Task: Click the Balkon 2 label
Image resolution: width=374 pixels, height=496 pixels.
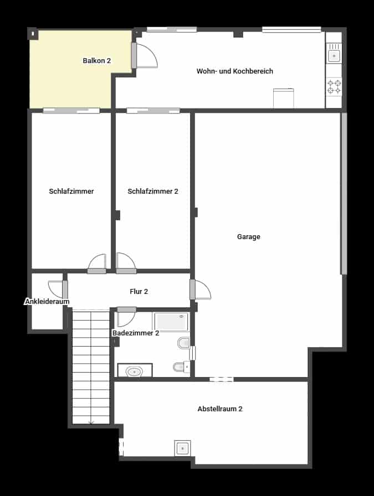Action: tap(97, 61)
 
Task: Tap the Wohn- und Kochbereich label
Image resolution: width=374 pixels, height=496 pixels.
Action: tap(234, 71)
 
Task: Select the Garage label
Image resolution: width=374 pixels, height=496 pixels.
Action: tap(248, 237)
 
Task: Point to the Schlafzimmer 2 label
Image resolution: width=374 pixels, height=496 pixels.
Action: tap(152, 192)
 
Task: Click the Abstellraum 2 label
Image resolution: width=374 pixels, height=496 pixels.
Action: tap(220, 409)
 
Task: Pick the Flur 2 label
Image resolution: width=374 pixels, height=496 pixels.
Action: tap(139, 291)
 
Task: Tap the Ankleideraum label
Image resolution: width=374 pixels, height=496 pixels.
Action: tap(47, 302)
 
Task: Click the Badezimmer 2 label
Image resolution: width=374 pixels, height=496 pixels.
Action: tap(136, 333)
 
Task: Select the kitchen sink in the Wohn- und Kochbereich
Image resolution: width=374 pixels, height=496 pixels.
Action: tap(334, 55)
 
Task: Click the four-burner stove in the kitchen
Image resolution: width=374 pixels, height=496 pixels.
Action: tap(334, 86)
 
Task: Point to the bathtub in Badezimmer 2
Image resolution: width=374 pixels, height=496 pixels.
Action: tap(171, 322)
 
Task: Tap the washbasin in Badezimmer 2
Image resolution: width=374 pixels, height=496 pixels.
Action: tap(135, 371)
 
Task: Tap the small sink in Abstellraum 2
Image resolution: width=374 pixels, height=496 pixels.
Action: tap(182, 447)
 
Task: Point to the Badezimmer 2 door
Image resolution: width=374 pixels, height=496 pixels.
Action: tap(125, 317)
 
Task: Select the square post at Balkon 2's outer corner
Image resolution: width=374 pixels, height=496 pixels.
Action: tap(33, 34)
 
